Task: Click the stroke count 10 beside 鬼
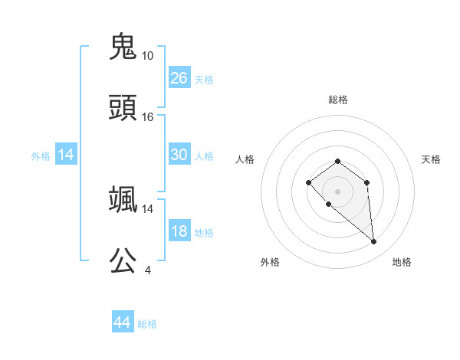tap(148, 55)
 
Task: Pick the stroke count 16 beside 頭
tap(148, 117)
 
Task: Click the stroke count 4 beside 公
tap(148, 270)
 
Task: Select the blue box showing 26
tap(179, 77)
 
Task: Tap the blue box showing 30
tap(179, 155)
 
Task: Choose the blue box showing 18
tap(179, 231)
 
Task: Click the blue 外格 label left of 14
tap(41, 155)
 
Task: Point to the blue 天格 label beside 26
tap(204, 79)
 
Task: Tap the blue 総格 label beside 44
tap(147, 324)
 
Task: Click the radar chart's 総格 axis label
tap(337, 100)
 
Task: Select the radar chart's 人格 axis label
tap(245, 159)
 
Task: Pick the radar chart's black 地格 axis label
tap(402, 262)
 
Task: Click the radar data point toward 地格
tap(374, 242)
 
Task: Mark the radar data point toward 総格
tap(337, 161)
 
